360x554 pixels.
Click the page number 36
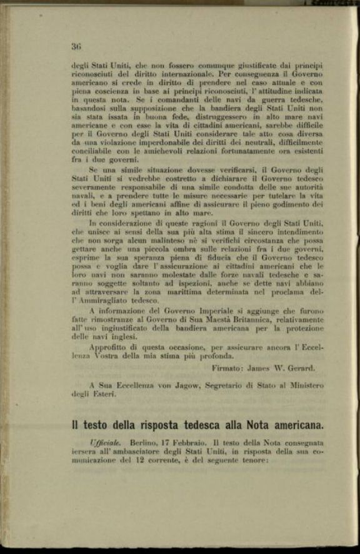(x=76, y=46)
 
